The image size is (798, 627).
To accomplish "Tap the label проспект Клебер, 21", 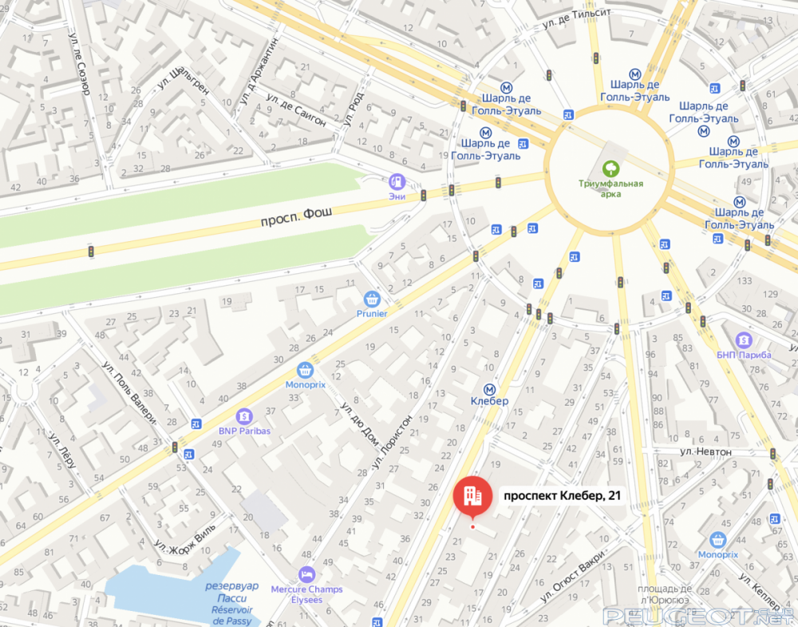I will pyautogui.click(x=561, y=496).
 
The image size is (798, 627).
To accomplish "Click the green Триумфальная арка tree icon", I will pyautogui.click(x=611, y=168).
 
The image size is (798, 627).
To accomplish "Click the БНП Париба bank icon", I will pyautogui.click(x=743, y=339).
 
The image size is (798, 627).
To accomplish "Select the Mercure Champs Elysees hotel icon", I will pyautogui.click(x=306, y=574).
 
